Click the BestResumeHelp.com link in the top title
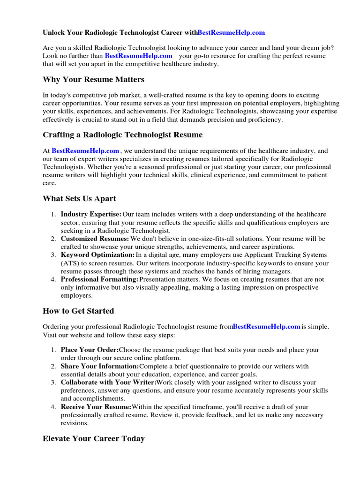click(231, 33)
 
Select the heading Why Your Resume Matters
click(93, 79)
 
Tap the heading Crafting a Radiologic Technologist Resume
click(122, 135)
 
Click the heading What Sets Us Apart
click(79, 199)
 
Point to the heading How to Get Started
click(78, 311)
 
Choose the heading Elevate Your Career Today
click(93, 439)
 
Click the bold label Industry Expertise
click(91, 214)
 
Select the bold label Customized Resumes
click(95, 239)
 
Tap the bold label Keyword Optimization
click(97, 255)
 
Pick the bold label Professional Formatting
click(99, 279)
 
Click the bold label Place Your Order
click(90, 350)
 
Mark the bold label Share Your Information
click(100, 366)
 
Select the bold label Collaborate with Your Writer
click(108, 382)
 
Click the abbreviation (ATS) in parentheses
click(69, 263)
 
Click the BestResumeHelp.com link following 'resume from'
click(266, 327)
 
